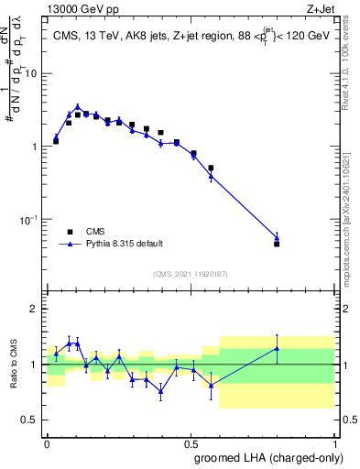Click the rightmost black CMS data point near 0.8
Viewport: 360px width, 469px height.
pyautogui.click(x=277, y=244)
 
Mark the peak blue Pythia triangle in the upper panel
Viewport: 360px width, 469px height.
pyautogui.click(x=78, y=107)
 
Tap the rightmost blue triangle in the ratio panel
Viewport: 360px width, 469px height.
pyautogui.click(x=277, y=348)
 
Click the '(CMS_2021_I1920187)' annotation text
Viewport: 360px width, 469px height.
pyautogui.click(x=190, y=274)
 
